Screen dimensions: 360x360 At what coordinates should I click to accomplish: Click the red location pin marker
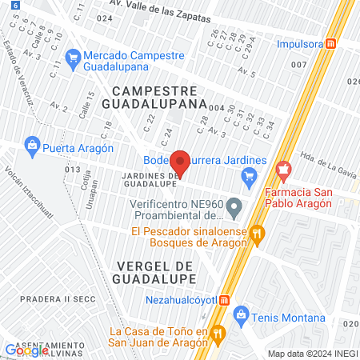[181, 163]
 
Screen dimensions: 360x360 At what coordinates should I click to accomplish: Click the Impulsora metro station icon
[329, 46]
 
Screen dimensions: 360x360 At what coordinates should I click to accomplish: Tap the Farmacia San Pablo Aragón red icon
[282, 170]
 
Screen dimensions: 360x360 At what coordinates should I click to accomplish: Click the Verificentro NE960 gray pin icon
[234, 210]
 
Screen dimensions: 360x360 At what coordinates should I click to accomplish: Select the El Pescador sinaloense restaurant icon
[257, 234]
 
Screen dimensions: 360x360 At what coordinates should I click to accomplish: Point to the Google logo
[26, 350]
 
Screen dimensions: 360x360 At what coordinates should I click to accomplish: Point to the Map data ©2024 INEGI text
[312, 353]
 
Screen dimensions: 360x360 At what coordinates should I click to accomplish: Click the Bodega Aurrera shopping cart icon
[250, 175]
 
